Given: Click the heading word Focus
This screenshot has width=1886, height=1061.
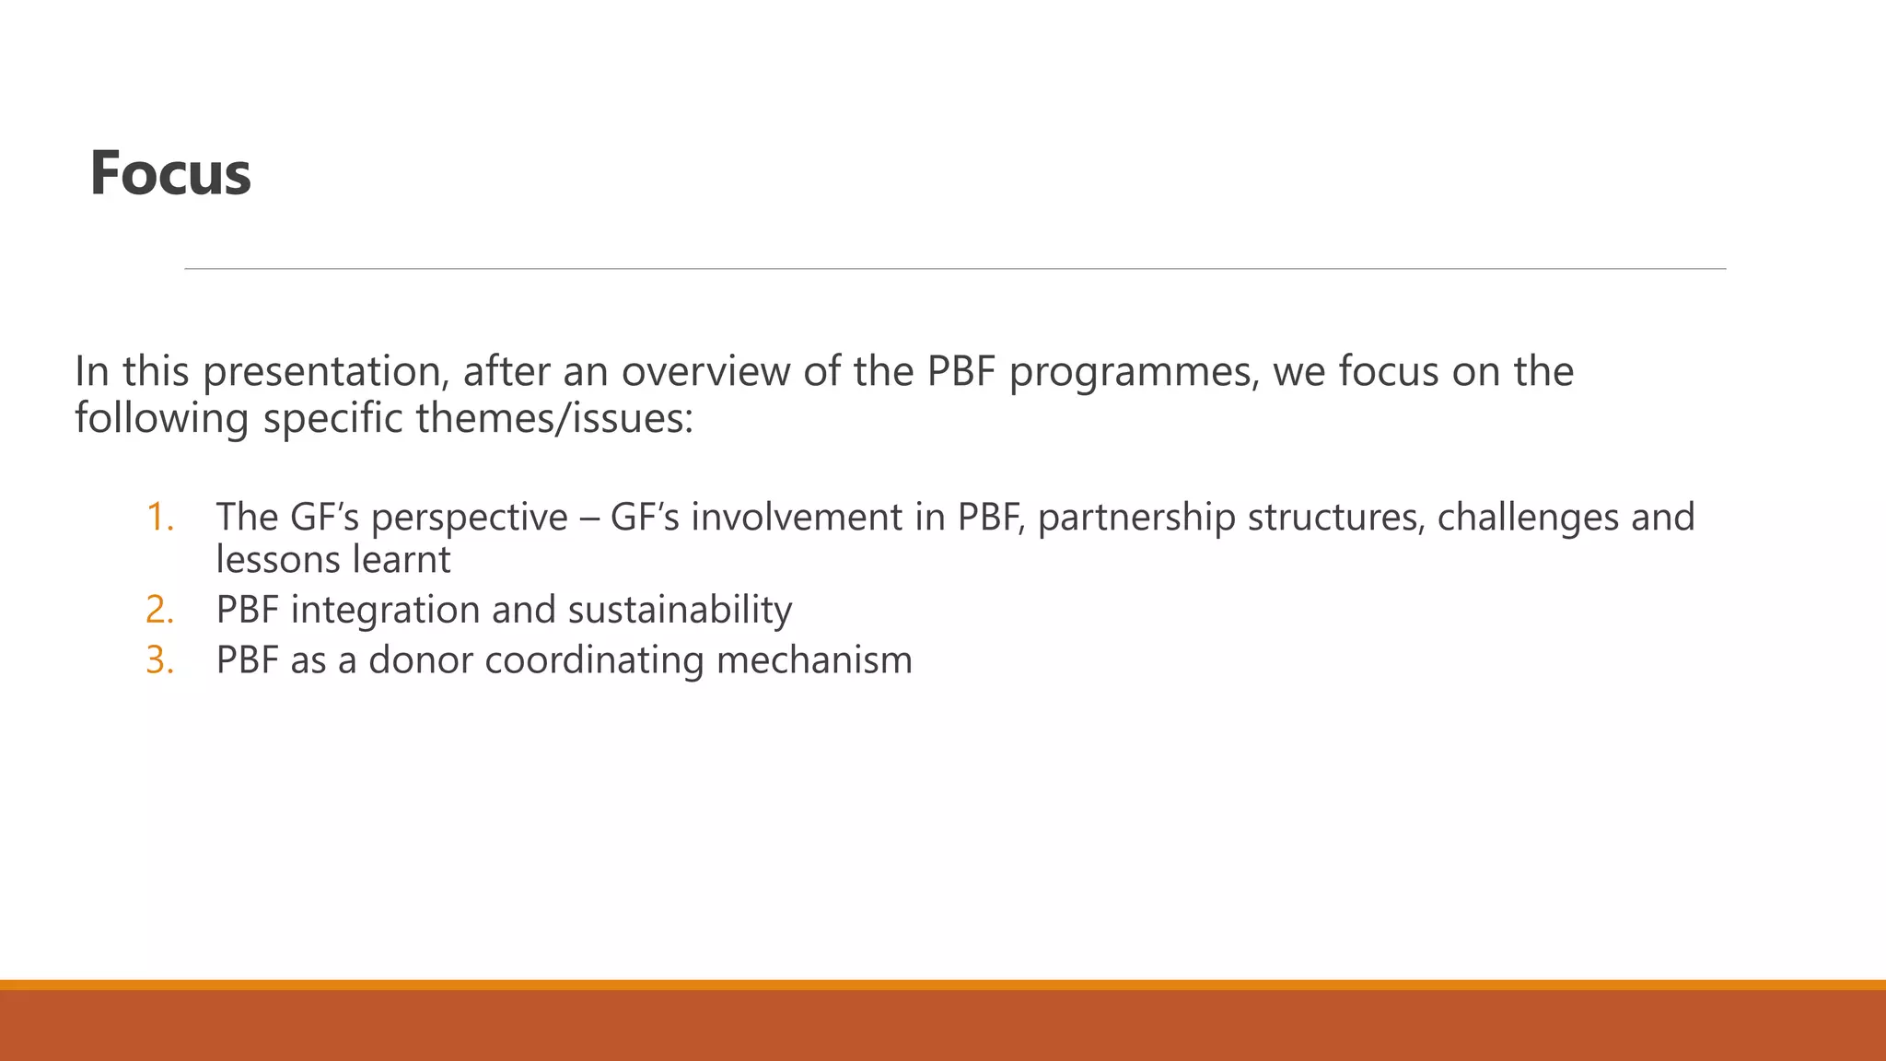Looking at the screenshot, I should pos(170,173).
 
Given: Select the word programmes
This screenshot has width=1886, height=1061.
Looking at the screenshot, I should pos(1133,372).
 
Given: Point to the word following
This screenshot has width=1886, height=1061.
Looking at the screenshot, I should pos(162,419).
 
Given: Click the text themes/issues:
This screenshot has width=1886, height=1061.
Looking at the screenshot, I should pos(554,419).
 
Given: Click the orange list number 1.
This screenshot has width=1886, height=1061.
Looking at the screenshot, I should pos(159,518).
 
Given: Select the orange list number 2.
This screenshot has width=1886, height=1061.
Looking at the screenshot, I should pos(159,611).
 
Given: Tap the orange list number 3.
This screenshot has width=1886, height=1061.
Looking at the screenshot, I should pos(159,660).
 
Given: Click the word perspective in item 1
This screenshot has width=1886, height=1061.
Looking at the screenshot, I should pos(469,518).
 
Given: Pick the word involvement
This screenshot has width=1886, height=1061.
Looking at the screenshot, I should pos(797,518).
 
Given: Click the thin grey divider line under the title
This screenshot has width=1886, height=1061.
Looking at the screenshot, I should pos(954,269).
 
